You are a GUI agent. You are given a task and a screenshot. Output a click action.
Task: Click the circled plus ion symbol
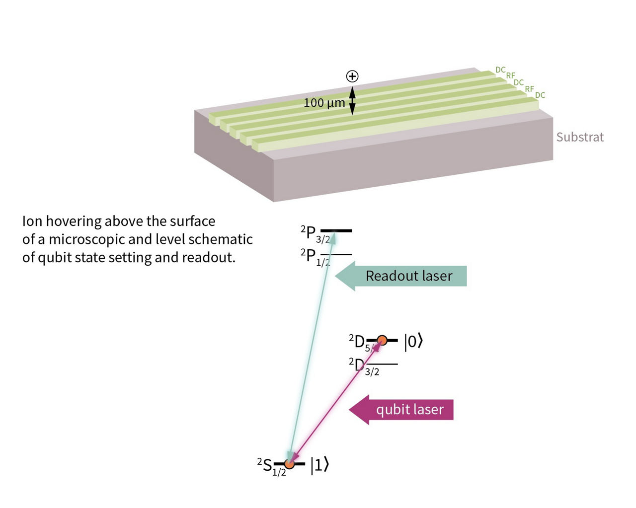(x=352, y=76)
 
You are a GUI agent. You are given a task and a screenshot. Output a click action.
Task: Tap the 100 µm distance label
(x=324, y=103)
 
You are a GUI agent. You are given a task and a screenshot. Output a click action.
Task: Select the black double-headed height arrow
(x=352, y=101)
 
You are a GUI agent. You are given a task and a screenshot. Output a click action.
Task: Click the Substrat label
(x=580, y=137)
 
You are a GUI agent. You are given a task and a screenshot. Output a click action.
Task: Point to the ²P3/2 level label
(x=315, y=234)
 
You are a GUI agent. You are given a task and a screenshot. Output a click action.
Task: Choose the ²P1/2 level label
(x=315, y=257)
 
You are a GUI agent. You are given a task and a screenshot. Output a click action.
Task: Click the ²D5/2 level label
(x=359, y=343)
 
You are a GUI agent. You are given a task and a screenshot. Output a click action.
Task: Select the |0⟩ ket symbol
(x=413, y=341)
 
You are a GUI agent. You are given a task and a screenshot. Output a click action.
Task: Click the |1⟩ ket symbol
(x=319, y=465)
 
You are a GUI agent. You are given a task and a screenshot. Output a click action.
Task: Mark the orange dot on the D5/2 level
(x=382, y=340)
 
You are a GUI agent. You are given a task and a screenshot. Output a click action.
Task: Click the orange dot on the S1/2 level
(x=289, y=464)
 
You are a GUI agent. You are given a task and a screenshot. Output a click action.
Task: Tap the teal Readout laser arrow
(x=401, y=276)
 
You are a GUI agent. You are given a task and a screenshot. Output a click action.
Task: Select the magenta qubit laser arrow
(x=401, y=410)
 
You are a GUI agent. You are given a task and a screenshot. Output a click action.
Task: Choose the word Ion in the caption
(x=32, y=221)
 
